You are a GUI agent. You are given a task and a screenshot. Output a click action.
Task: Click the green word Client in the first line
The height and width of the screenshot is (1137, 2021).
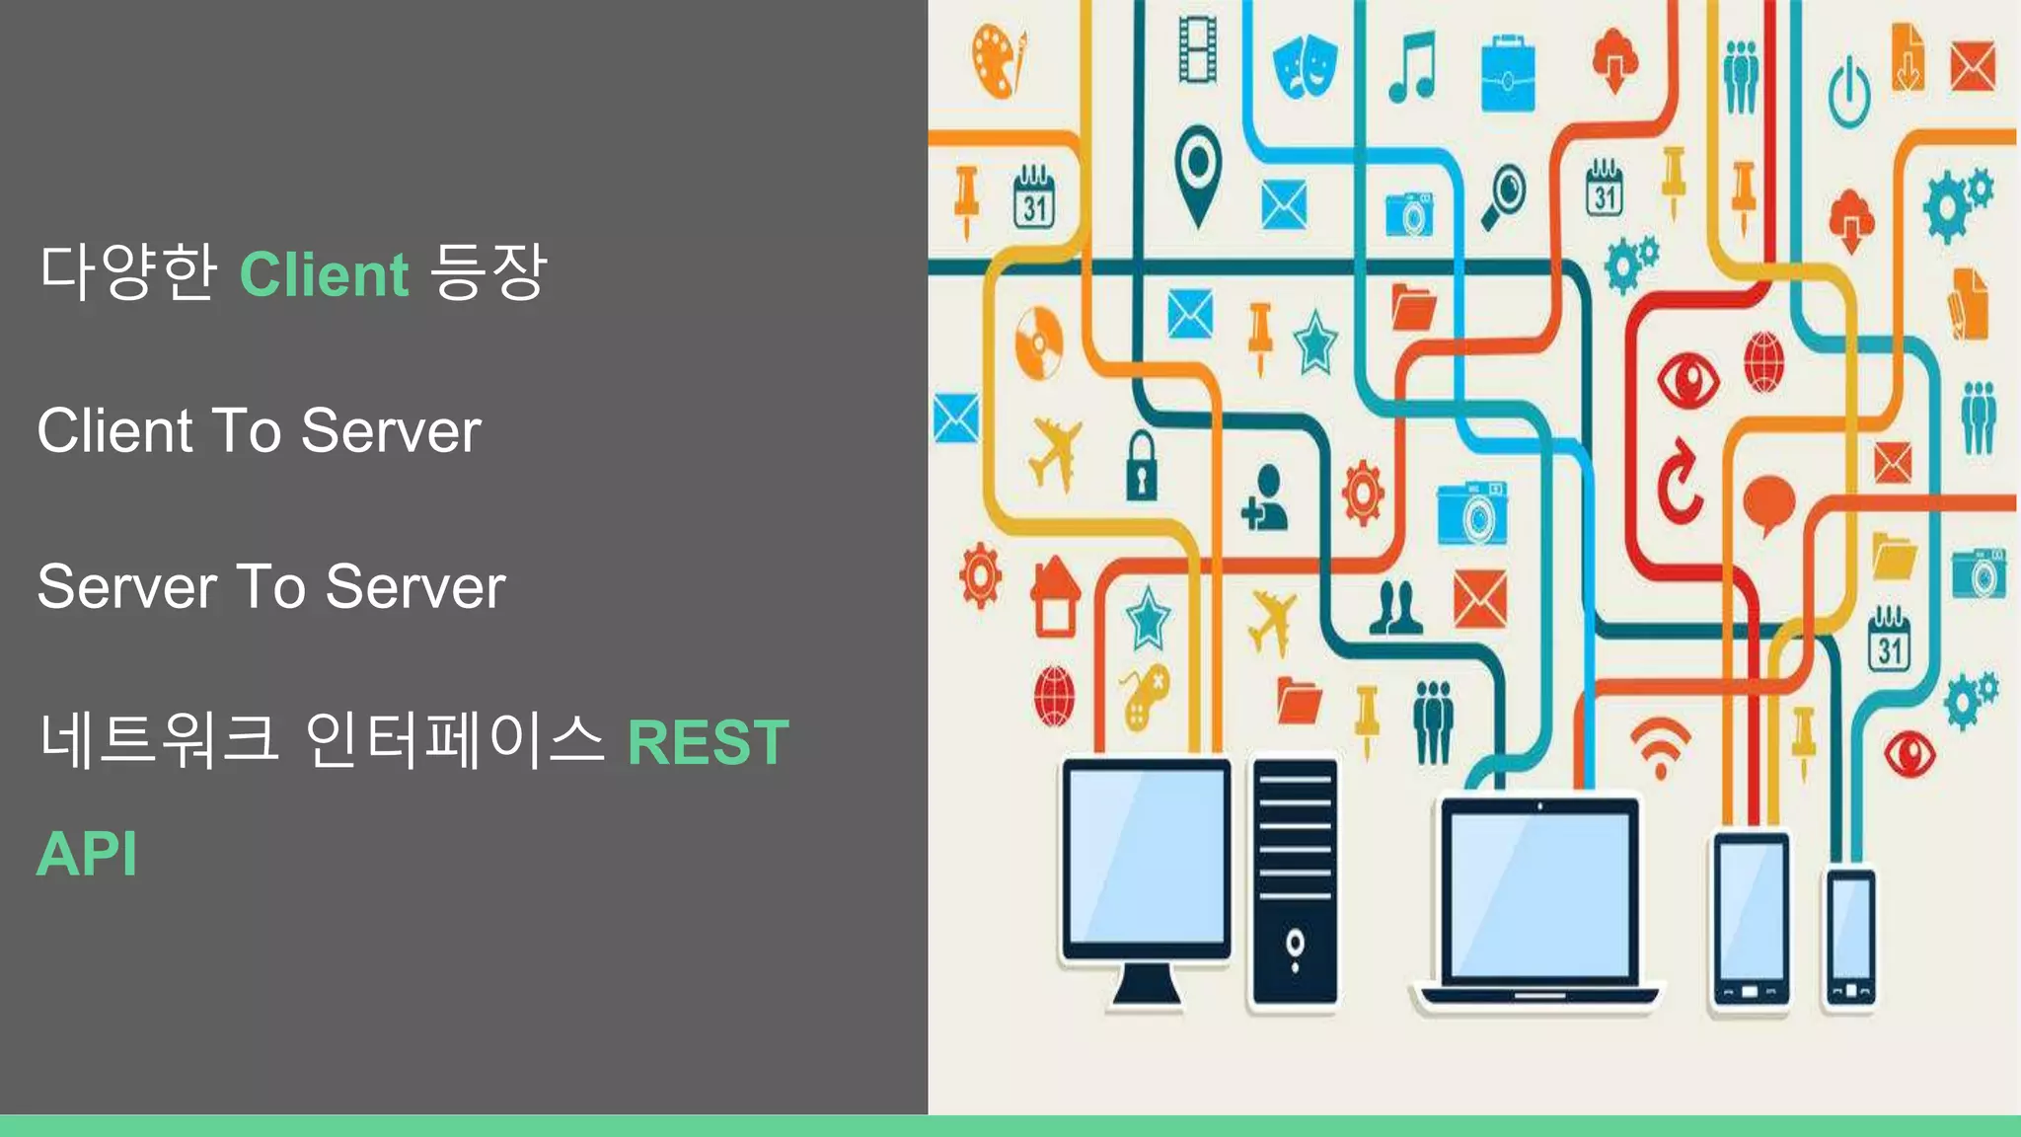click(x=324, y=274)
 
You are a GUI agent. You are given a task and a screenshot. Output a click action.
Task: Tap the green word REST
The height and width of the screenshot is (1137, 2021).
click(x=709, y=742)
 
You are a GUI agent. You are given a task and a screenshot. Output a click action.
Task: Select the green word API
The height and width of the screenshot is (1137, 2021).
click(x=87, y=854)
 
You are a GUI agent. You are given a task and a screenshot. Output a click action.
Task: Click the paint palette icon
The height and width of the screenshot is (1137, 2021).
click(x=997, y=59)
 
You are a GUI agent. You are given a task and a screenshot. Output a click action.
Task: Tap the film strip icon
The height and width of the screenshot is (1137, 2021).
click(x=1197, y=49)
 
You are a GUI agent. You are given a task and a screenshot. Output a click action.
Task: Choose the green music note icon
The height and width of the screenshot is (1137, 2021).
click(x=1412, y=66)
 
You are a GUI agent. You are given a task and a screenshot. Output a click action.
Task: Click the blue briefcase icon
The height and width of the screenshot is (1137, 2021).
click(x=1508, y=74)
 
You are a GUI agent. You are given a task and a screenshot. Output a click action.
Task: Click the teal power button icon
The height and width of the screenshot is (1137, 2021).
click(x=1848, y=92)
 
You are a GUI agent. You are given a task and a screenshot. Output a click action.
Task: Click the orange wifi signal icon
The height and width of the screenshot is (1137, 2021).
click(x=1660, y=747)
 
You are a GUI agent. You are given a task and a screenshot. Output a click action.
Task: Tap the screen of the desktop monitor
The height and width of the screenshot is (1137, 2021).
click(x=1146, y=856)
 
